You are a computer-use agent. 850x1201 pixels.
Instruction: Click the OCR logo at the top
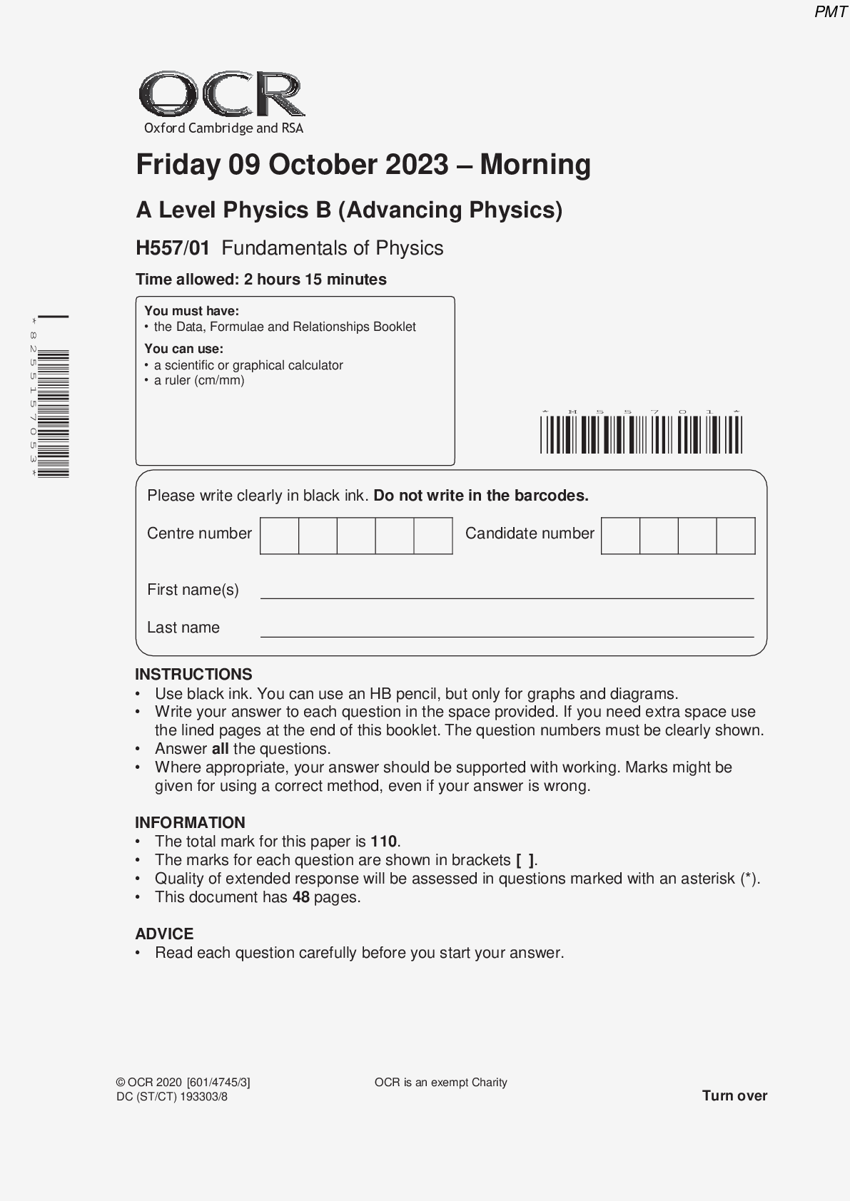[222, 95]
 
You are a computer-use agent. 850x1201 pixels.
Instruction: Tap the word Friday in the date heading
[178, 165]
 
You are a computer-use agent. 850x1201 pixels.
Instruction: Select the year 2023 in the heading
[417, 165]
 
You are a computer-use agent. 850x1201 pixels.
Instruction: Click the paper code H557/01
[173, 248]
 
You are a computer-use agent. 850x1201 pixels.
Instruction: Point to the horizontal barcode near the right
[641, 434]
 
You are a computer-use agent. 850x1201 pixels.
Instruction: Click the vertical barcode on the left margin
[54, 414]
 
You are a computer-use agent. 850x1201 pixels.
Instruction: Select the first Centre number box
[279, 536]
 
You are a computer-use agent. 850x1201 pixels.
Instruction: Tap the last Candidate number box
[735, 536]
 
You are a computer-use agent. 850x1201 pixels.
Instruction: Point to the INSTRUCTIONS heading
[193, 675]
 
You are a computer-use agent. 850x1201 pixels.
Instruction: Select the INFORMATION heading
[190, 822]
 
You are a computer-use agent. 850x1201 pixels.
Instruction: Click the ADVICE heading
[164, 934]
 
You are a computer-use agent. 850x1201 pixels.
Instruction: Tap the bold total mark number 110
[383, 842]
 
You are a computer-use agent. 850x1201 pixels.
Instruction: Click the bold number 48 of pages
[300, 897]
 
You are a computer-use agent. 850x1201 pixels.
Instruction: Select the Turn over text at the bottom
[734, 1095]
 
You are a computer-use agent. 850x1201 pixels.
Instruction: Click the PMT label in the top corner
[830, 12]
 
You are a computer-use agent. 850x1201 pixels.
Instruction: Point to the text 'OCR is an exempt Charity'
[440, 1083]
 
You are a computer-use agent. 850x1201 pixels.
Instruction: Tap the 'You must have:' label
[191, 311]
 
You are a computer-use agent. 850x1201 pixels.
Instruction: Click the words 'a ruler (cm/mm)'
[199, 380]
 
